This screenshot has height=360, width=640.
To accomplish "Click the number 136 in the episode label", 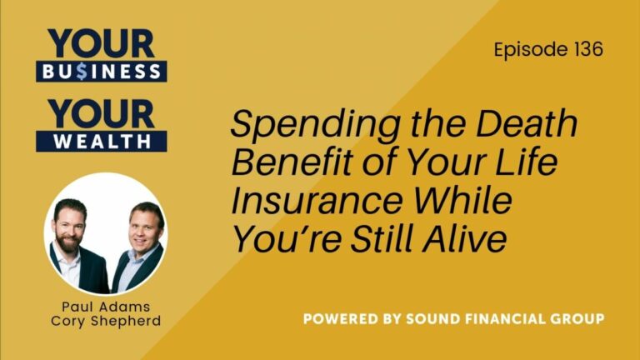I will pyautogui.click(x=586, y=49).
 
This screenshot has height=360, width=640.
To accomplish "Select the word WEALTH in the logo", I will pyautogui.click(x=101, y=141).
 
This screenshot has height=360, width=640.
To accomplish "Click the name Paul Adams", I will pyautogui.click(x=105, y=306).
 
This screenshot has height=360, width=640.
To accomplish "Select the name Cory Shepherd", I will pyautogui.click(x=105, y=321).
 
